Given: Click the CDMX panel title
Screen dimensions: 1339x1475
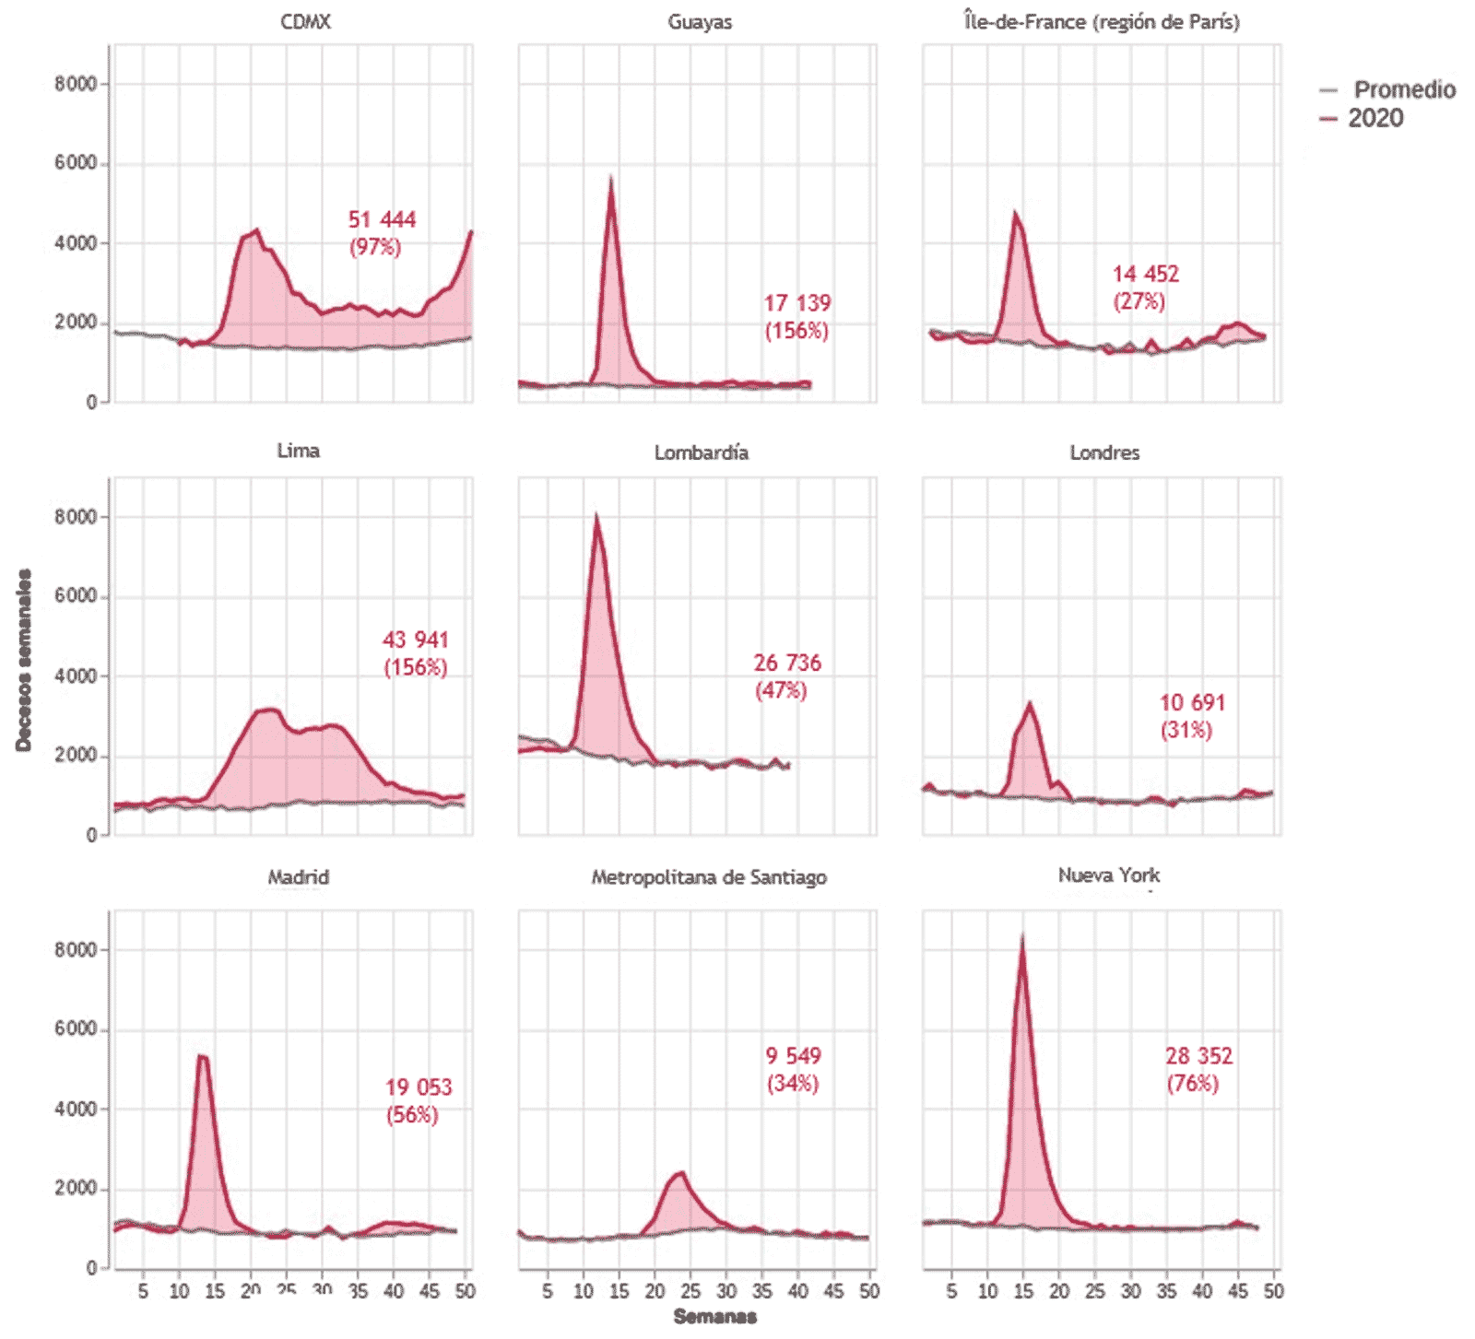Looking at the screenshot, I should (x=305, y=21).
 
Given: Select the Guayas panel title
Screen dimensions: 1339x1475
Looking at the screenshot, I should (x=700, y=21).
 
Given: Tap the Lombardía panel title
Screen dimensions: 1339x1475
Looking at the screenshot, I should (x=701, y=452).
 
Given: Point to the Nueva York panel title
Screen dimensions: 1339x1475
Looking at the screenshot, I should (x=1108, y=875).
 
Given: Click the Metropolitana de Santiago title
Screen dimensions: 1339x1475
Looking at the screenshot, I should (x=709, y=877).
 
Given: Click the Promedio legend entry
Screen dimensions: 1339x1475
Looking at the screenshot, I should (x=1403, y=89).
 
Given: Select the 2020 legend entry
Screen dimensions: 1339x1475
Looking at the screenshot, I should (x=1375, y=118).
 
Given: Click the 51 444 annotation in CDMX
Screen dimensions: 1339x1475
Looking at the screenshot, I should (x=382, y=219).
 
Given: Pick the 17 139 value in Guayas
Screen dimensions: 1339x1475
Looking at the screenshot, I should (x=796, y=303).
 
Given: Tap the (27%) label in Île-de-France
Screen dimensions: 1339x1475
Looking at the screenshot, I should (x=1139, y=301).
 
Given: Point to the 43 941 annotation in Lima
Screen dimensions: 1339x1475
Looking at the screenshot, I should (x=415, y=640).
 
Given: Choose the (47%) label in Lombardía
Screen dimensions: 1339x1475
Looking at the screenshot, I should (x=781, y=690).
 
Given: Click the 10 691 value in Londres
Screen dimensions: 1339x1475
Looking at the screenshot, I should (x=1192, y=703).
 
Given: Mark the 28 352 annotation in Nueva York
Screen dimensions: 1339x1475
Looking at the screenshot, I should (x=1198, y=1056).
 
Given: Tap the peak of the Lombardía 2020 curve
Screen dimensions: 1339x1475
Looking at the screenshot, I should (x=596, y=518).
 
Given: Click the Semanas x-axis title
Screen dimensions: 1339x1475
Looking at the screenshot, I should (x=714, y=1317).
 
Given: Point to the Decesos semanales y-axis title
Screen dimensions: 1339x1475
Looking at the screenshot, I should (x=24, y=660).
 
